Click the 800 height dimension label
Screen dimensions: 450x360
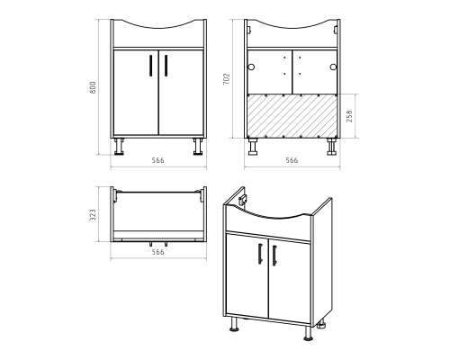(x=93, y=87)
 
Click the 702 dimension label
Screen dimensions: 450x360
(x=227, y=79)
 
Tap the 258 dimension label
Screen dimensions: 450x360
(x=349, y=116)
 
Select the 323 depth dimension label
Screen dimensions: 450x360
(x=93, y=215)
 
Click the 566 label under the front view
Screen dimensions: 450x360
(x=157, y=160)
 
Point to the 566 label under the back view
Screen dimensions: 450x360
(x=292, y=160)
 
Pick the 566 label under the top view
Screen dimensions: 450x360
(x=157, y=252)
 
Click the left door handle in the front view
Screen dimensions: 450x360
(x=151, y=66)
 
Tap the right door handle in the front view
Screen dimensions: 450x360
(x=166, y=66)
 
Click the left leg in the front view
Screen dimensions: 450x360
(x=119, y=147)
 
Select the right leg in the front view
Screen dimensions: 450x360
(x=198, y=147)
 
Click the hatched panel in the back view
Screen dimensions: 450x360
(x=292, y=116)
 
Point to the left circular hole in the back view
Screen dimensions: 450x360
(x=251, y=67)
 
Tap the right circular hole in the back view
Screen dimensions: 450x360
(x=333, y=67)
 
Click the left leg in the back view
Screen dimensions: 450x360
(x=253, y=147)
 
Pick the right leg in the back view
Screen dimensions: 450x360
(x=331, y=147)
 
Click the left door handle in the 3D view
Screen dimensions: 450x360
(x=260, y=254)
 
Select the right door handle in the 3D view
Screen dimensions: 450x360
(x=274, y=256)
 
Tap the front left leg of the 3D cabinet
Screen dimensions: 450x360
(x=234, y=324)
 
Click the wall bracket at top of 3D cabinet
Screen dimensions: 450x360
(x=242, y=200)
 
